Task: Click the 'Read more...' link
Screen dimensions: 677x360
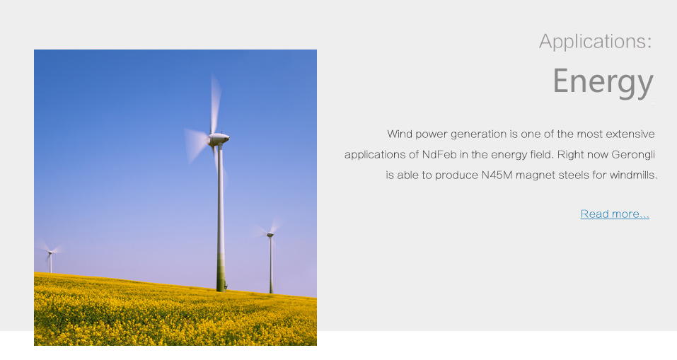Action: point(615,214)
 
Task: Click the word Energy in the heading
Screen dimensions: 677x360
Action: point(603,82)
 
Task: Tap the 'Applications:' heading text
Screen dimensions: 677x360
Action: point(596,42)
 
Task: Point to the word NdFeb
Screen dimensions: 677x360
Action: point(439,154)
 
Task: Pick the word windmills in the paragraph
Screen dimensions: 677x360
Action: point(632,175)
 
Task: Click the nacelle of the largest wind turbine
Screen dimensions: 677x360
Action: point(219,139)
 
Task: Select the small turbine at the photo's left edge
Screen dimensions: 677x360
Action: point(50,257)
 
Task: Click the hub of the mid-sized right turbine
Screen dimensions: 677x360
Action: point(270,234)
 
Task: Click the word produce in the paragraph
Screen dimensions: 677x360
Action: point(456,175)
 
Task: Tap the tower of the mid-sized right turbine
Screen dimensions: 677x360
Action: point(271,265)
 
